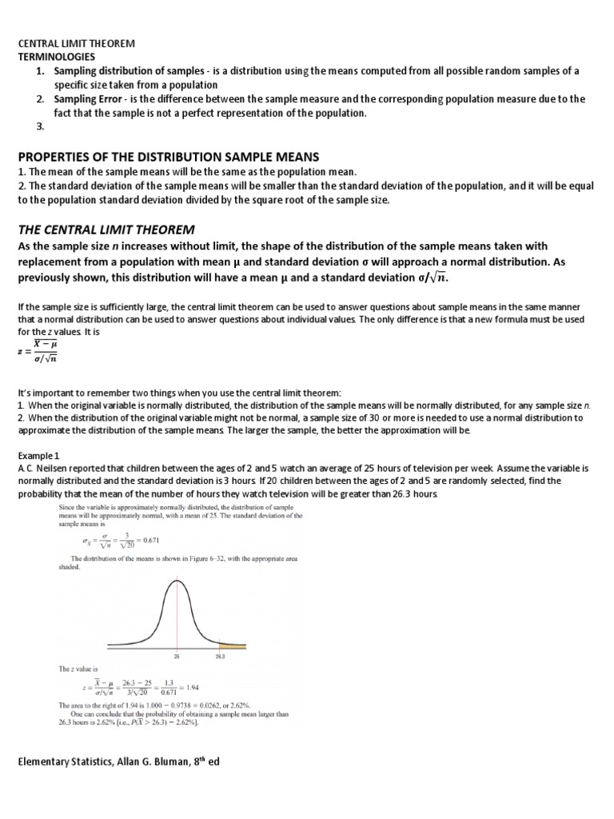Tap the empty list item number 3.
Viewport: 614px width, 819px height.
pos(40,126)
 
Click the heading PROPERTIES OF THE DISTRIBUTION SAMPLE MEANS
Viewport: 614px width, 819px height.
pos(174,156)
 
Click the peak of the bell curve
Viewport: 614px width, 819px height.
pos(177,581)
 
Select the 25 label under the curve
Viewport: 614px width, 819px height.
pos(177,655)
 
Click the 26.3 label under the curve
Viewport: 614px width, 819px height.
pos(221,655)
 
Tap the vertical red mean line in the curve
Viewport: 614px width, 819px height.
pos(177,624)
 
